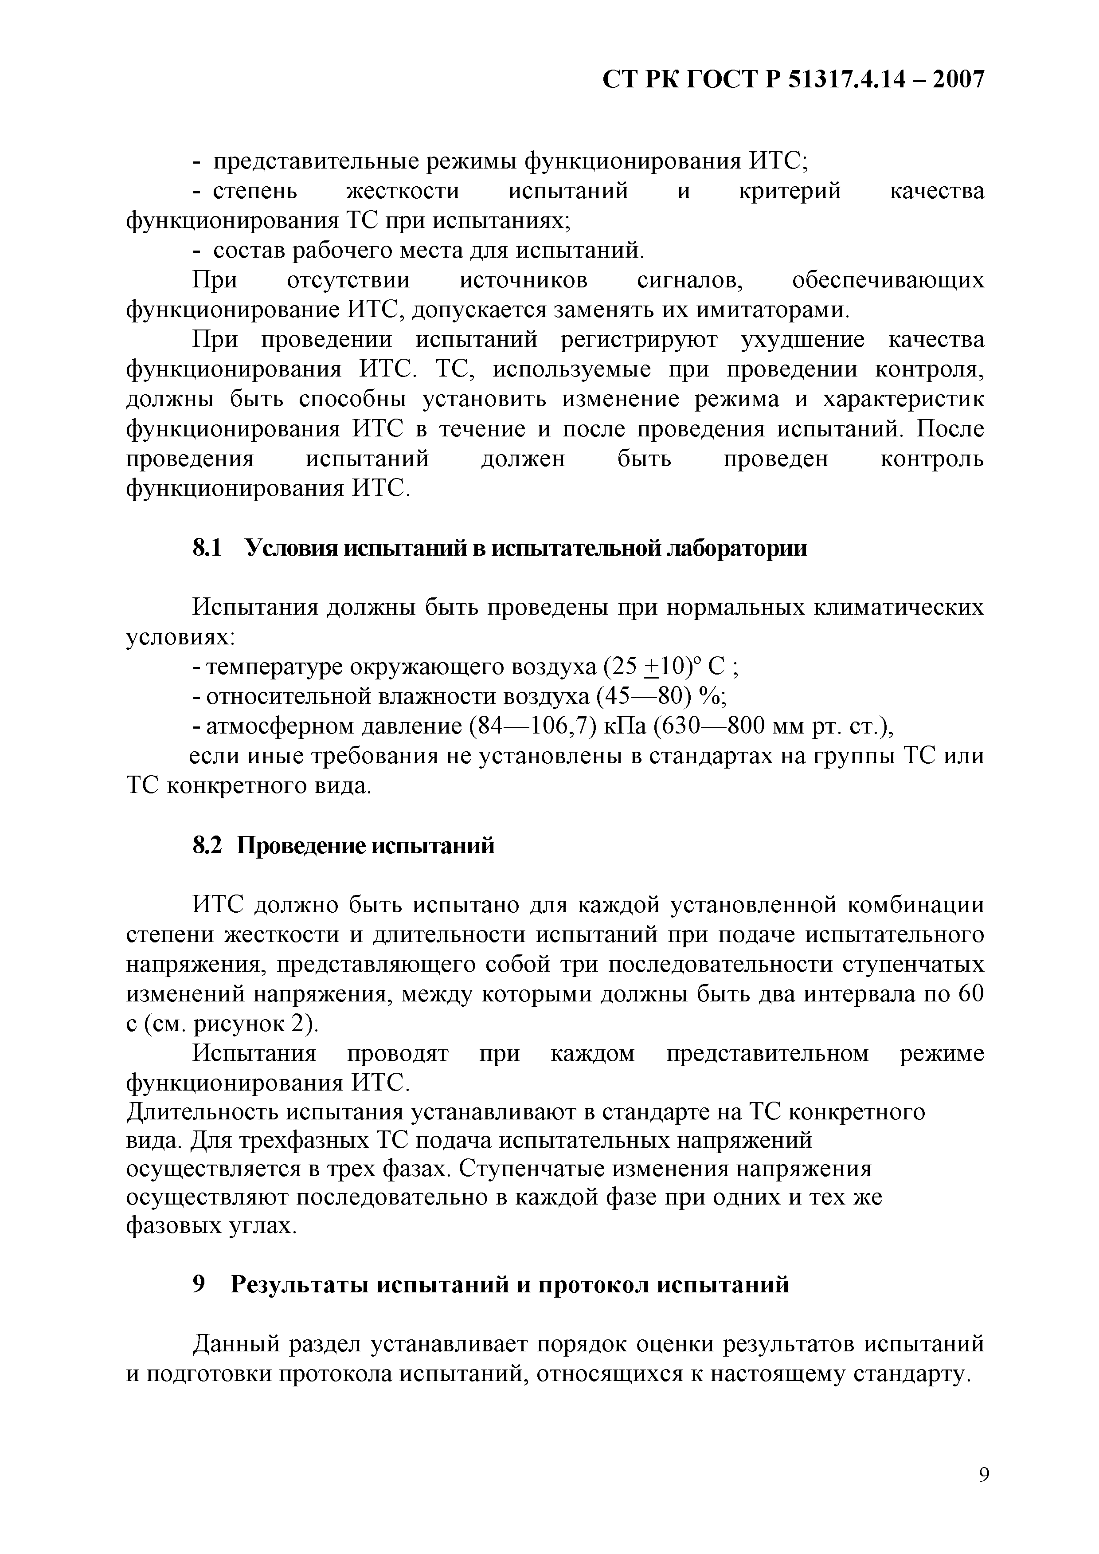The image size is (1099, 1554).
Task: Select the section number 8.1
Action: (x=208, y=548)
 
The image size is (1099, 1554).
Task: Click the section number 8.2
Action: (x=208, y=845)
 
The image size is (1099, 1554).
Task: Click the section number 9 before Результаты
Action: (x=199, y=1284)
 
